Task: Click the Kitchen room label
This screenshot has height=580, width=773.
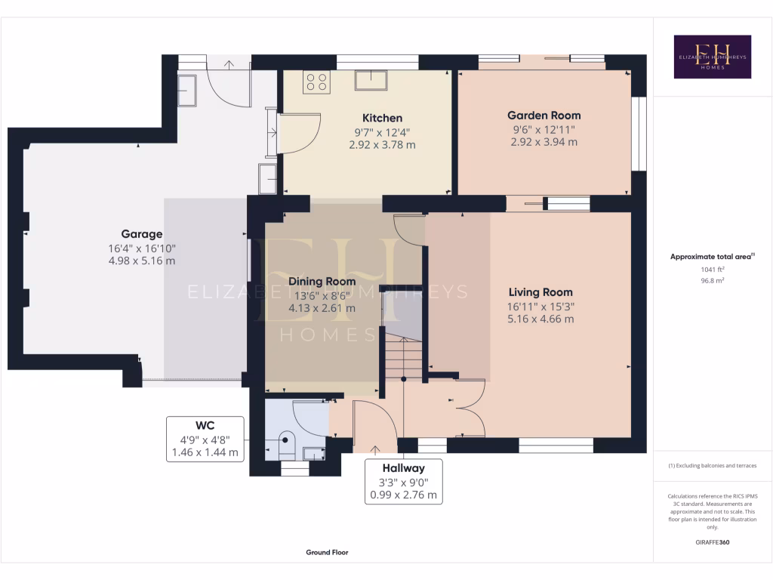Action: (382, 119)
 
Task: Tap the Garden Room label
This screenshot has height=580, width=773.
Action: (544, 116)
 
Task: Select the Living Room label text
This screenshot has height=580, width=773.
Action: (540, 292)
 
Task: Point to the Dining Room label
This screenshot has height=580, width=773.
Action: (322, 282)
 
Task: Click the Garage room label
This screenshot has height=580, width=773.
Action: (142, 234)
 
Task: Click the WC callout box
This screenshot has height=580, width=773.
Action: (205, 439)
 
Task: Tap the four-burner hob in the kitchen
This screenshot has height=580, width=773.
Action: (316, 82)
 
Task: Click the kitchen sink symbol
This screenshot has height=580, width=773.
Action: (372, 80)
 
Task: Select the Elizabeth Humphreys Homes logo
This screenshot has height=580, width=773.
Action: (712, 57)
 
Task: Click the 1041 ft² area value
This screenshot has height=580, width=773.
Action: (712, 269)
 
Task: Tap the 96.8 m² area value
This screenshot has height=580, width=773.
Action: (712, 280)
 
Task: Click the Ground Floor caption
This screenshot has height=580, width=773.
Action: (327, 553)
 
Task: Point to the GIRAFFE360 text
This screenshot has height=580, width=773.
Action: (712, 542)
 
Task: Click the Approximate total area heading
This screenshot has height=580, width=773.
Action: (711, 257)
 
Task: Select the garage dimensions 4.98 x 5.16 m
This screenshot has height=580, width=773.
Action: (142, 261)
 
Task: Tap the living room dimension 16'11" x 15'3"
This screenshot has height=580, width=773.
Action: (540, 306)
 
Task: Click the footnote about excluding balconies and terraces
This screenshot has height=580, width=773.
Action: (712, 466)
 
